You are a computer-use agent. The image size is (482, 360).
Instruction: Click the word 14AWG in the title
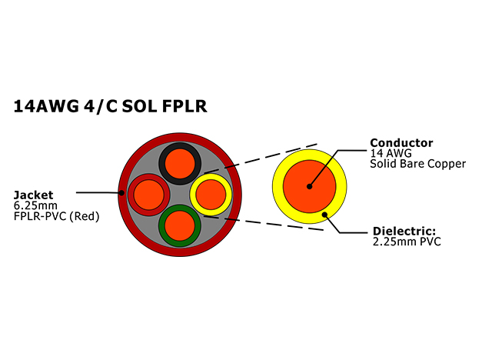46,106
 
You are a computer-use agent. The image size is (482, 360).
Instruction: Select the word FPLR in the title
184,106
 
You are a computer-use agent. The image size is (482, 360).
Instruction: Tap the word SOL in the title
139,106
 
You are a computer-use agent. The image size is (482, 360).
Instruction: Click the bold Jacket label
34,195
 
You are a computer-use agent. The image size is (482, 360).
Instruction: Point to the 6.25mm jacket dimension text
35,205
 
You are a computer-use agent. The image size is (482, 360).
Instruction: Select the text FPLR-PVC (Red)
57,217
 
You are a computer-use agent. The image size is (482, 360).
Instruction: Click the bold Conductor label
401,143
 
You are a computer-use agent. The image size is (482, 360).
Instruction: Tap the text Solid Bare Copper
417,164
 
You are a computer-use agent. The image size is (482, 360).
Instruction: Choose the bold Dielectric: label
404,231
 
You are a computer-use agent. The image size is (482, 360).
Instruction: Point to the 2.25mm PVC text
407,242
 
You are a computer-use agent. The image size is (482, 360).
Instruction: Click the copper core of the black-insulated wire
180,163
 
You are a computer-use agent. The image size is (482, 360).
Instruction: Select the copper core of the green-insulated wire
180,225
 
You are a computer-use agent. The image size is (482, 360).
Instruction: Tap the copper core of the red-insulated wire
149,195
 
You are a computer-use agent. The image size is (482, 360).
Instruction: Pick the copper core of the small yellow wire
211,195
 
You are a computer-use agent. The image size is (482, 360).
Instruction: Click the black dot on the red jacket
121,193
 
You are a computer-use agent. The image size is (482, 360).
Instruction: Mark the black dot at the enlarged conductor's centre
310,186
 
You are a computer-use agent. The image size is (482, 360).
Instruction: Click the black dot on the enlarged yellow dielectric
324,215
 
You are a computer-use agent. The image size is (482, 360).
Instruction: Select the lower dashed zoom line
264,223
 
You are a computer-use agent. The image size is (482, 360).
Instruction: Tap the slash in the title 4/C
99,107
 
